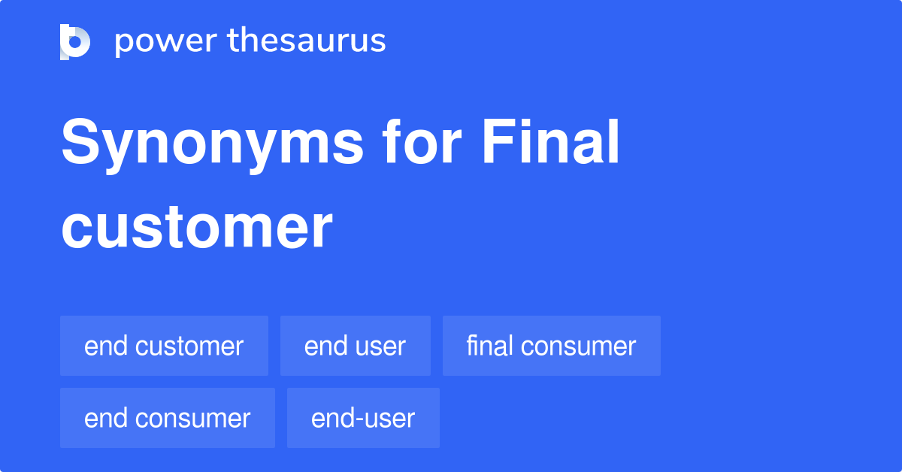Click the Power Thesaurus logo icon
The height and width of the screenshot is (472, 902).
[x=75, y=41]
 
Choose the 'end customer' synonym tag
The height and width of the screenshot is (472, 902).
[x=164, y=346]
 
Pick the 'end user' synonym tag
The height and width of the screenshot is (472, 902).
[x=355, y=346]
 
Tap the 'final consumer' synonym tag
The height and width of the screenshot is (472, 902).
[x=551, y=346]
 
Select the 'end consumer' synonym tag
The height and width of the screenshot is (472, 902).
[x=167, y=418]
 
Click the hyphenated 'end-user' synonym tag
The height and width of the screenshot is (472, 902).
[x=363, y=418]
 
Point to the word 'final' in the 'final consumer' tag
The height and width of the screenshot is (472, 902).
[x=489, y=346]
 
